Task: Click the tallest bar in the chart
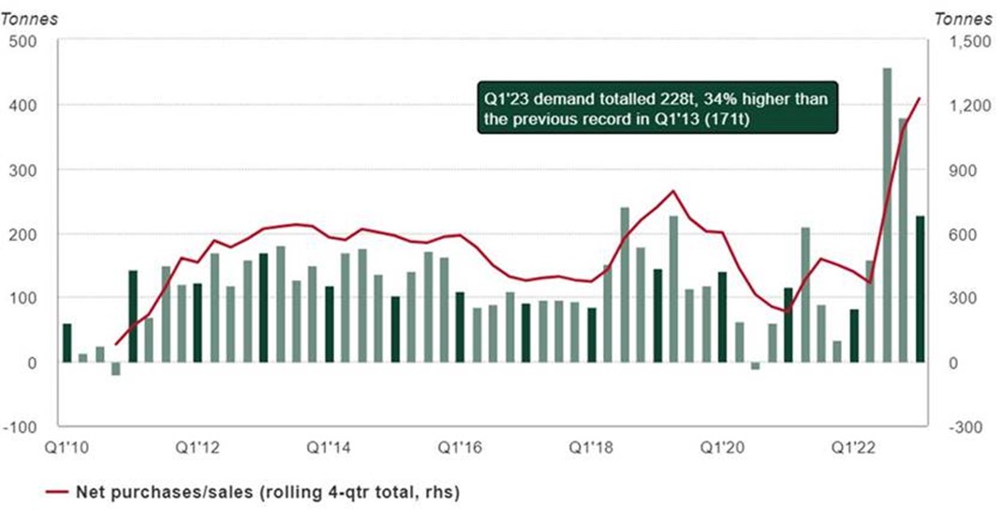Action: (887, 215)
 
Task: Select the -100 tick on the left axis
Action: (19, 427)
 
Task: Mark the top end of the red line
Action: (921, 97)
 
